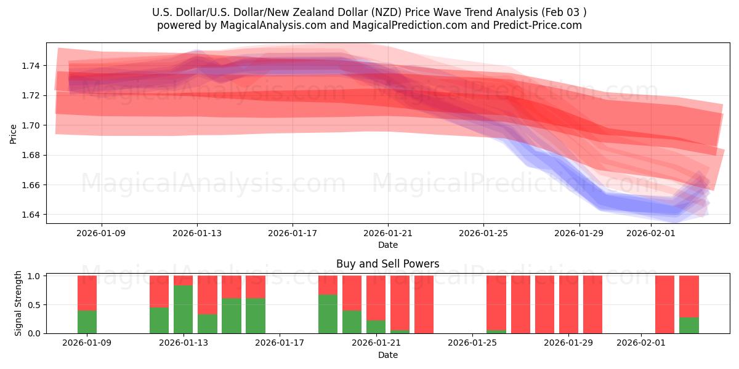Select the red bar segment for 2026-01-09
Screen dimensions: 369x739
(x=87, y=293)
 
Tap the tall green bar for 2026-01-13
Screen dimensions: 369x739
(x=183, y=309)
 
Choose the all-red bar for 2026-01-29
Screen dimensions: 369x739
(x=592, y=304)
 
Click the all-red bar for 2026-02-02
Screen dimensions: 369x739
(x=664, y=304)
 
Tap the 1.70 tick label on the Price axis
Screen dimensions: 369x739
(x=31, y=125)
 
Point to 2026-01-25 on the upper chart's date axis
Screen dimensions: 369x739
(x=483, y=233)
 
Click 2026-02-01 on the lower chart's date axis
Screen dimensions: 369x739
(x=641, y=343)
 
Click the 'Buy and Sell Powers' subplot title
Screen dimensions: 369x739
(x=387, y=264)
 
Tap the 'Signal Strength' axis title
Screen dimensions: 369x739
(x=18, y=303)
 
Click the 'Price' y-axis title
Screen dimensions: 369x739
(x=14, y=133)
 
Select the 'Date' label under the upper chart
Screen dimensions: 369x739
(x=387, y=245)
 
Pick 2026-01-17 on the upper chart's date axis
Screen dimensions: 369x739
(x=293, y=233)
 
